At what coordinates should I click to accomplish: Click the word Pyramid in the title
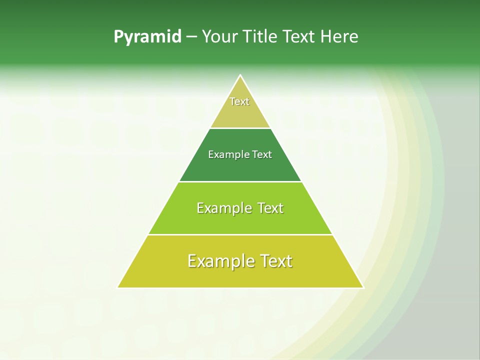click(147, 37)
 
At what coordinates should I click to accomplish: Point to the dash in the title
click(191, 37)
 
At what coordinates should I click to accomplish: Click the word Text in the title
click(300, 37)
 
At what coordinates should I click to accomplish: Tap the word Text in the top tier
click(239, 101)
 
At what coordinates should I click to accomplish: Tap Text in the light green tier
click(270, 208)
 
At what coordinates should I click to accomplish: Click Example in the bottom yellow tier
click(220, 261)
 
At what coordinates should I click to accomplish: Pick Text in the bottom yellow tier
click(275, 261)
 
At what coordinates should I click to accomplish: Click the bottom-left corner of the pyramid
click(118, 287)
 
